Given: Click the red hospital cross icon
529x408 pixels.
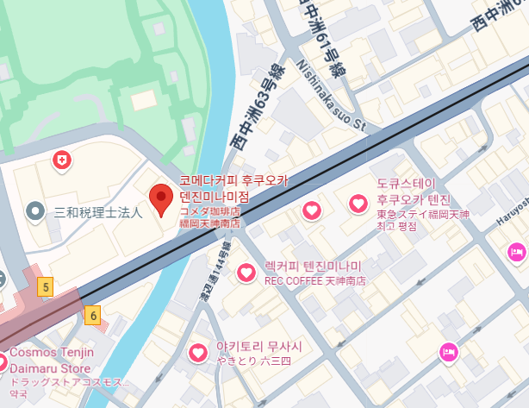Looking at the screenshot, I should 61,160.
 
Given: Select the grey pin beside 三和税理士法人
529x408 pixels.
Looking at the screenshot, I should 35,210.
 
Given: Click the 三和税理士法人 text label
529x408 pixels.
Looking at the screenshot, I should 97,211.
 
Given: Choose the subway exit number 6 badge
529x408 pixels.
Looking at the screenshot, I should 93,316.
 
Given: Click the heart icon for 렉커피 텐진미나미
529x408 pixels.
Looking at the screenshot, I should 246,273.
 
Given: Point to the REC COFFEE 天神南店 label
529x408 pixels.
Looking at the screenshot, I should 315,281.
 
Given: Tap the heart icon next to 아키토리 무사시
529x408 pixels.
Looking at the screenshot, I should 199,352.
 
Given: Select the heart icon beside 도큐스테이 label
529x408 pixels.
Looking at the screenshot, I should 358,204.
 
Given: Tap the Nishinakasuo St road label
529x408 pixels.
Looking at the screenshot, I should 333,97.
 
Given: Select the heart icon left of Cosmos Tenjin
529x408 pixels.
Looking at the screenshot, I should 3,361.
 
